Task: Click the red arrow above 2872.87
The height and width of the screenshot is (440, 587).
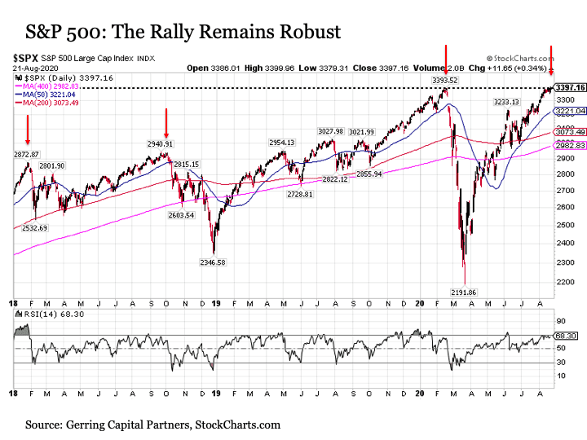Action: tap(28, 129)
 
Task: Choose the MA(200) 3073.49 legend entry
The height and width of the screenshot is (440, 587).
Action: tap(49, 100)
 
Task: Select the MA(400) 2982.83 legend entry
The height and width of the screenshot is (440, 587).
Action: tap(49, 85)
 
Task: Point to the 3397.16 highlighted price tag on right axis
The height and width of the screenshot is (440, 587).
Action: tap(569, 87)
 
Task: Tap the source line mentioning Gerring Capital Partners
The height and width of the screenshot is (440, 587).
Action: tap(152, 425)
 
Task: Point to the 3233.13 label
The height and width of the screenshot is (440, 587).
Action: tap(509, 102)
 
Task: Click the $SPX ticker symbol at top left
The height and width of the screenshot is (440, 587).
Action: tap(25, 59)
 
